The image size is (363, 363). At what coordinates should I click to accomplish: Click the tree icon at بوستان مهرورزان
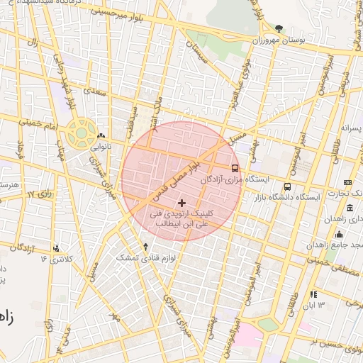(279, 28)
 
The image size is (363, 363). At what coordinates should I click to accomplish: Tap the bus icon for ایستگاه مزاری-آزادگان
(235, 168)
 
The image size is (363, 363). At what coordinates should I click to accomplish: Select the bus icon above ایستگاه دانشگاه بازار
(287, 186)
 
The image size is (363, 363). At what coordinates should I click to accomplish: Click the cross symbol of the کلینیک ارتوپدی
(181, 203)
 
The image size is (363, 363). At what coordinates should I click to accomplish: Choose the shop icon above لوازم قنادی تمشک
(146, 247)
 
